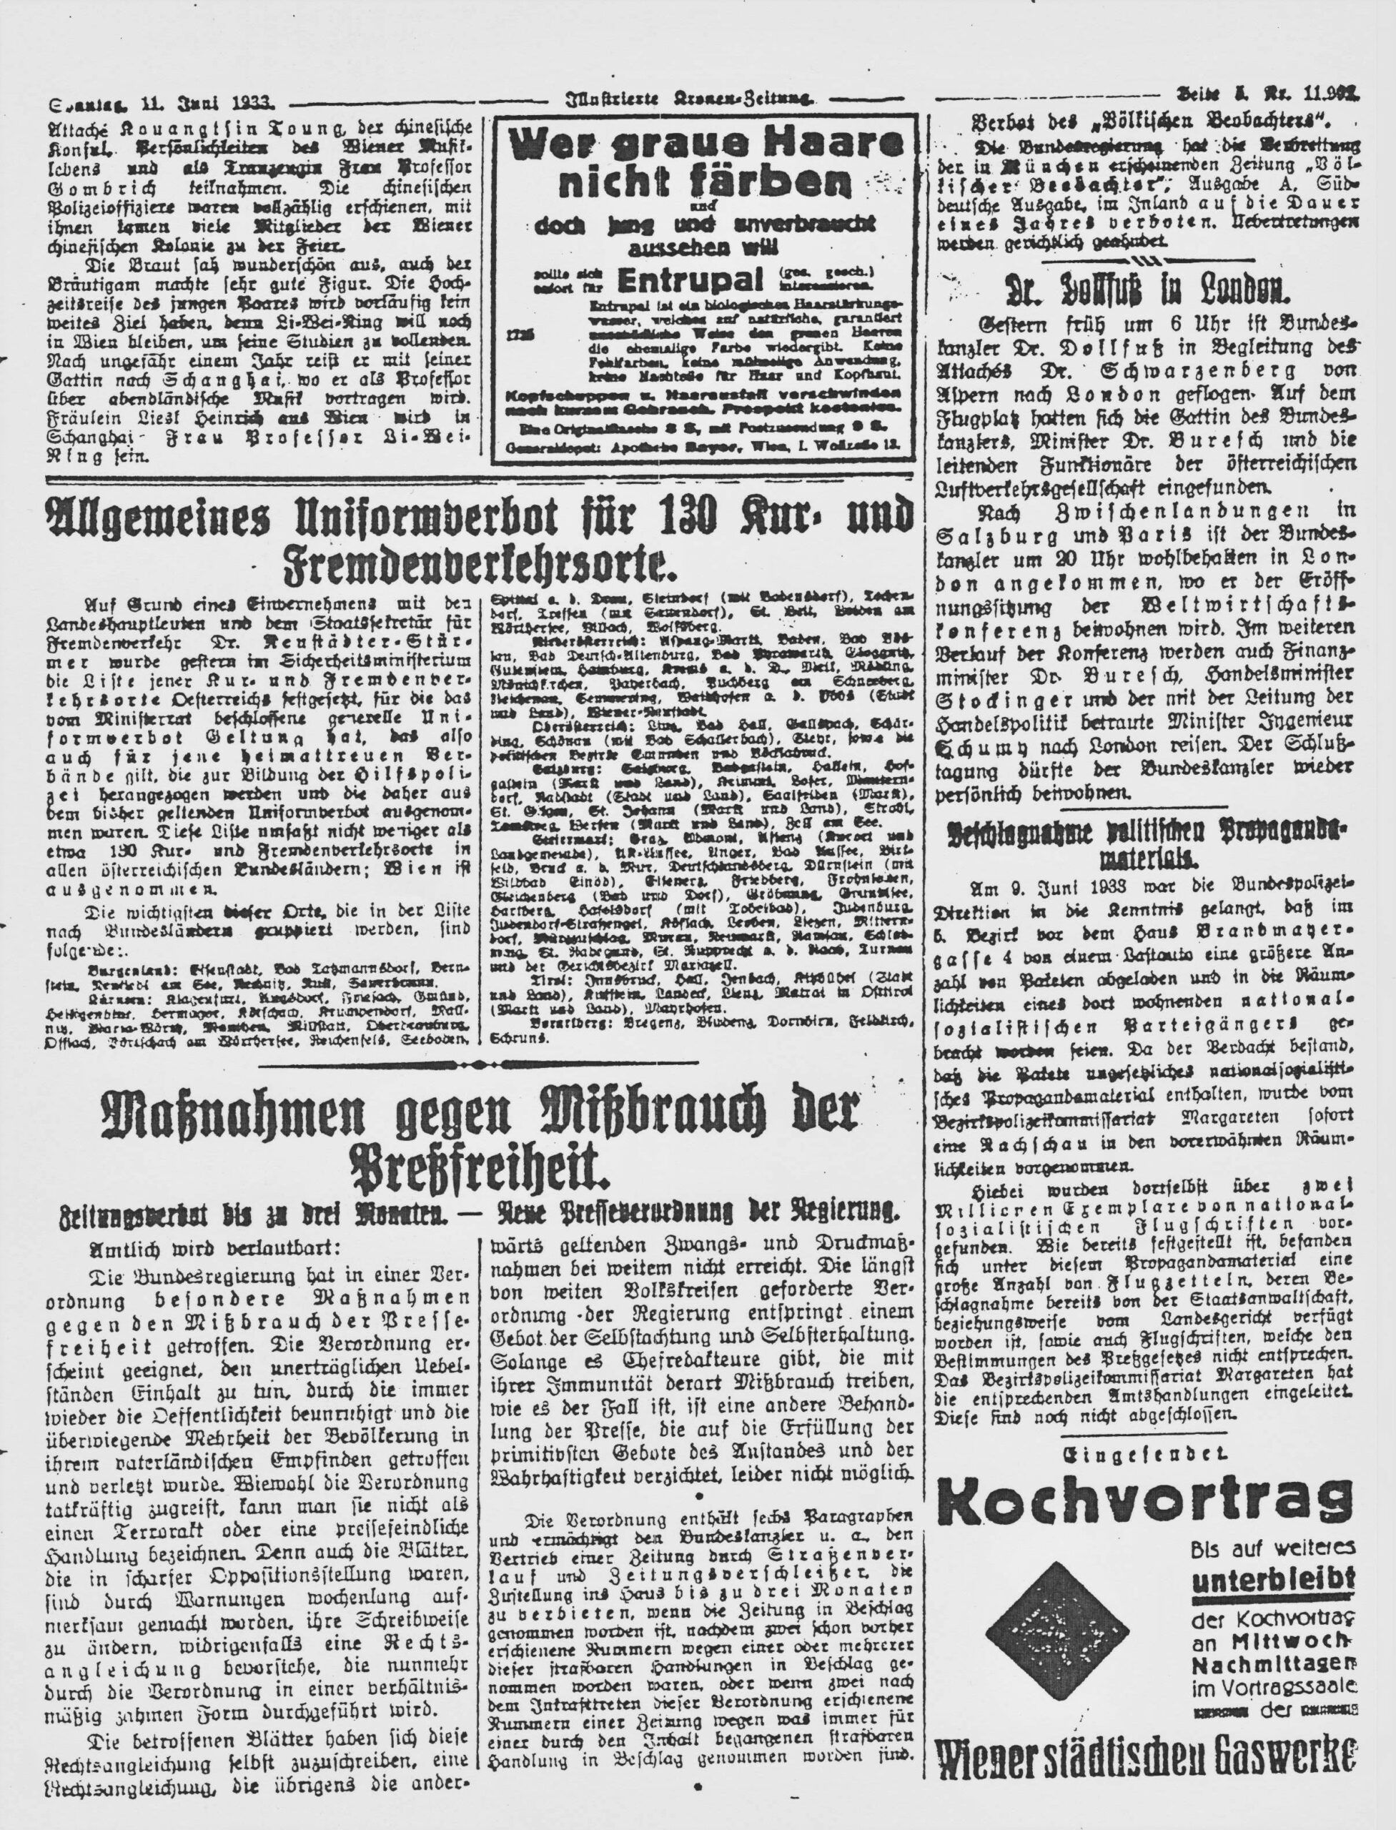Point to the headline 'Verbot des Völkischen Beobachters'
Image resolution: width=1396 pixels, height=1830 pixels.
point(1152,117)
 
